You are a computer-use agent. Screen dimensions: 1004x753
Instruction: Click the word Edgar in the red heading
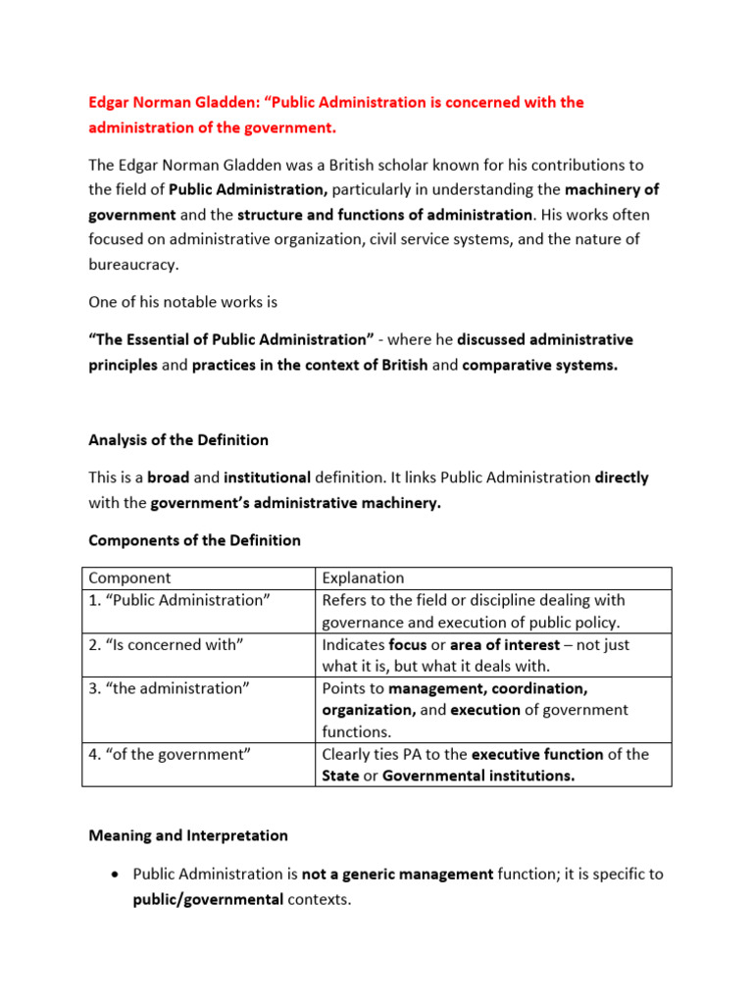[110, 103]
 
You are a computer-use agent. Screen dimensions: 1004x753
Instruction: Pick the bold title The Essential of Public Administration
[230, 340]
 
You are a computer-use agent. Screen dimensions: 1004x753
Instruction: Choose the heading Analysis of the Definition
[178, 439]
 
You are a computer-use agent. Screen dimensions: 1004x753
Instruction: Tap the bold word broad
[167, 478]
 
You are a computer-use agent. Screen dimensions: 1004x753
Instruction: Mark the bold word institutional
[267, 478]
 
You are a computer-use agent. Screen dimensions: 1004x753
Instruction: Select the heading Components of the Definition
[194, 540]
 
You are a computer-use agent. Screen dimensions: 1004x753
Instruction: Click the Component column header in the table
[129, 578]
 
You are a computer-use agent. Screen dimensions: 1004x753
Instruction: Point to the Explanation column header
[363, 578]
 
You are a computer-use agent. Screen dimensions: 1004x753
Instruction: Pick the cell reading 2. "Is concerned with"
[165, 644]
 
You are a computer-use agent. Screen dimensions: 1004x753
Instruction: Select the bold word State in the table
[342, 776]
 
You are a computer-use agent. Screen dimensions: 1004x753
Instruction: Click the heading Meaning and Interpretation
[188, 836]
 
